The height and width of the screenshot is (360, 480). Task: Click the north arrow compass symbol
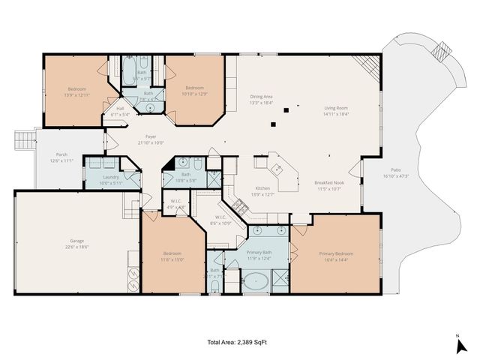(461, 343)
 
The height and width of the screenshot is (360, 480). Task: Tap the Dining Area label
(260, 97)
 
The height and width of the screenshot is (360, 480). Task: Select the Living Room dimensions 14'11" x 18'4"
(335, 113)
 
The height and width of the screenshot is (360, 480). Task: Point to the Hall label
(120, 109)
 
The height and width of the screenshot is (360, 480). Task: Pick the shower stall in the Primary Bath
(277, 279)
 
